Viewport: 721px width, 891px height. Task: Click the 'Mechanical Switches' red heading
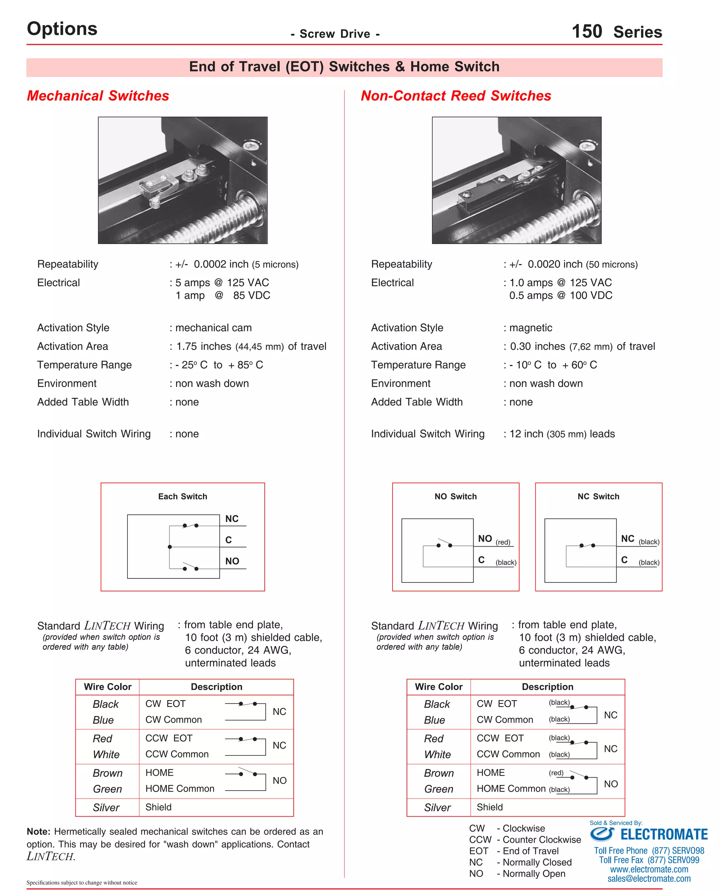pos(98,96)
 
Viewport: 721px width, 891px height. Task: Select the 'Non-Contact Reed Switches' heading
pos(456,96)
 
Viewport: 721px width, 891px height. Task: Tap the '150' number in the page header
pos(587,32)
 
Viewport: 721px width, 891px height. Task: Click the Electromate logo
pos(649,834)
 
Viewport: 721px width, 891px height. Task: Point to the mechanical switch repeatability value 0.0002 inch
pos(221,264)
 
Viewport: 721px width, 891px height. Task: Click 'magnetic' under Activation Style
pos(531,328)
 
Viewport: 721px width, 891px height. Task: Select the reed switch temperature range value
pos(553,365)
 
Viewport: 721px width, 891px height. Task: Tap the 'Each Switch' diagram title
pos(182,496)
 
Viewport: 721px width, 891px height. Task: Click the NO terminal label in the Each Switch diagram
pos(232,561)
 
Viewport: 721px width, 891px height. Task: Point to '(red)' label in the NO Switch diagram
pos(503,542)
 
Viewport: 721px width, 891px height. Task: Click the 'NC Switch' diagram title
pos(598,496)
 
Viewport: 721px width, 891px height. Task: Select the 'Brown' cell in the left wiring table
pos(108,773)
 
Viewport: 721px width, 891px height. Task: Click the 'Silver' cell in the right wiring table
pos(437,808)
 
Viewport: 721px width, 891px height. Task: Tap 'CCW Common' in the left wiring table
pos(177,754)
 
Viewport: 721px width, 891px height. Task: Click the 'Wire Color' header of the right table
pos(439,687)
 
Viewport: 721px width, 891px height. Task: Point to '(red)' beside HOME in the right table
pos(556,773)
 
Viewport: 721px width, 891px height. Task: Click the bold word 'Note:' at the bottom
pos(38,831)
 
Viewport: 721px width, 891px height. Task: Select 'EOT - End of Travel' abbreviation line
pos(514,851)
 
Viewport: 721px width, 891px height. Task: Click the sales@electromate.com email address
pos(649,879)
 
